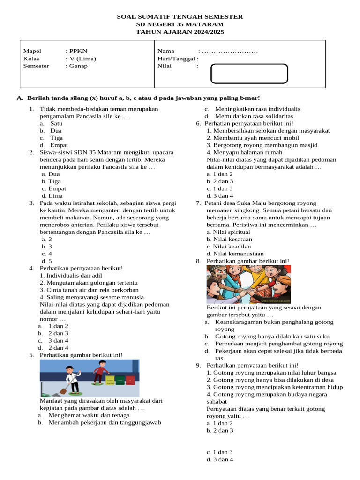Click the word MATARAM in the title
click(x=205, y=24)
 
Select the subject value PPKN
click(x=78, y=51)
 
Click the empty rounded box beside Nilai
click(x=249, y=74)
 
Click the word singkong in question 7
click(x=245, y=210)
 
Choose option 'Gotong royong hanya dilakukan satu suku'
click(x=272, y=336)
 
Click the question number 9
click(x=199, y=365)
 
